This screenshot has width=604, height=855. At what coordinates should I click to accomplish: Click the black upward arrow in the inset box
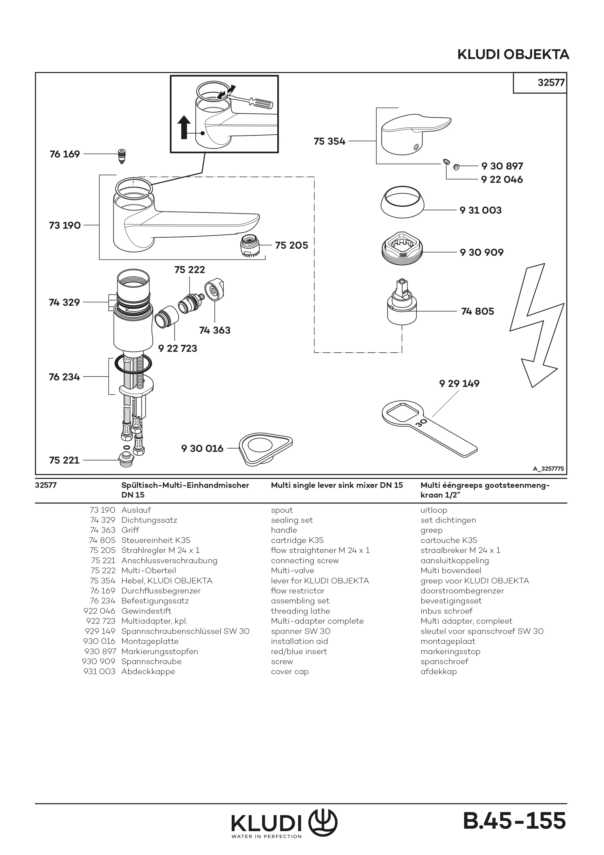coord(184,128)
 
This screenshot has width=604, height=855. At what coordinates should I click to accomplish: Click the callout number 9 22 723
coord(178,349)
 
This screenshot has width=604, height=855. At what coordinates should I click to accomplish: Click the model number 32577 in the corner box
coord(551,82)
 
